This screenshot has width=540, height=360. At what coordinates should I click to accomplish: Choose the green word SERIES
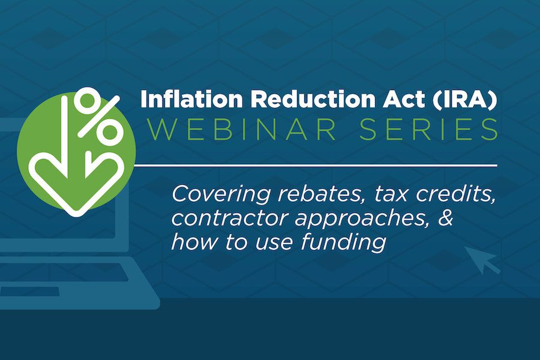[428, 129]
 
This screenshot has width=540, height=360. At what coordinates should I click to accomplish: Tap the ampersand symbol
[446, 218]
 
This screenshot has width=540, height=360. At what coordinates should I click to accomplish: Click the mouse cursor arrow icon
[481, 259]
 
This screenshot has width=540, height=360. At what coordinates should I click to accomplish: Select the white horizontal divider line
[316, 166]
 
